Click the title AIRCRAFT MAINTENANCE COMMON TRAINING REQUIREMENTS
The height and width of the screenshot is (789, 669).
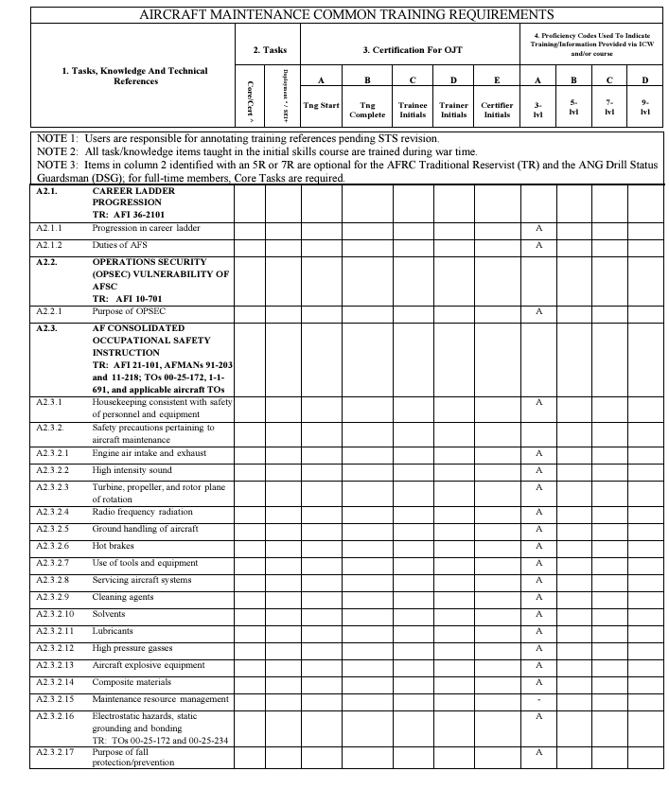[x=346, y=14]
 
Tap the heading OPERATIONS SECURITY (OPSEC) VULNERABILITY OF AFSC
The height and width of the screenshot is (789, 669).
[x=161, y=274]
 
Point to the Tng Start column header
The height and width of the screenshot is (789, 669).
[x=321, y=105]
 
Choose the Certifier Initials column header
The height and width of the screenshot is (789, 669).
[x=497, y=110]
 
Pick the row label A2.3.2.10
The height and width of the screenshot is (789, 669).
[x=55, y=614]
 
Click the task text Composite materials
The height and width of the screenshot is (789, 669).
[x=132, y=682]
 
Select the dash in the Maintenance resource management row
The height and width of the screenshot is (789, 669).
[x=538, y=700]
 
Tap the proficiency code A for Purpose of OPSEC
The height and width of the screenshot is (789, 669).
[x=538, y=311]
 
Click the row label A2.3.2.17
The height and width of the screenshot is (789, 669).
[x=55, y=752]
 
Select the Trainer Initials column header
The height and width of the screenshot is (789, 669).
[x=454, y=110]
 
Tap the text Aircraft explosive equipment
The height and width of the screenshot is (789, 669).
[x=148, y=665]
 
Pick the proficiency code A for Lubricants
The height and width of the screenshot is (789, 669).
[x=538, y=631]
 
